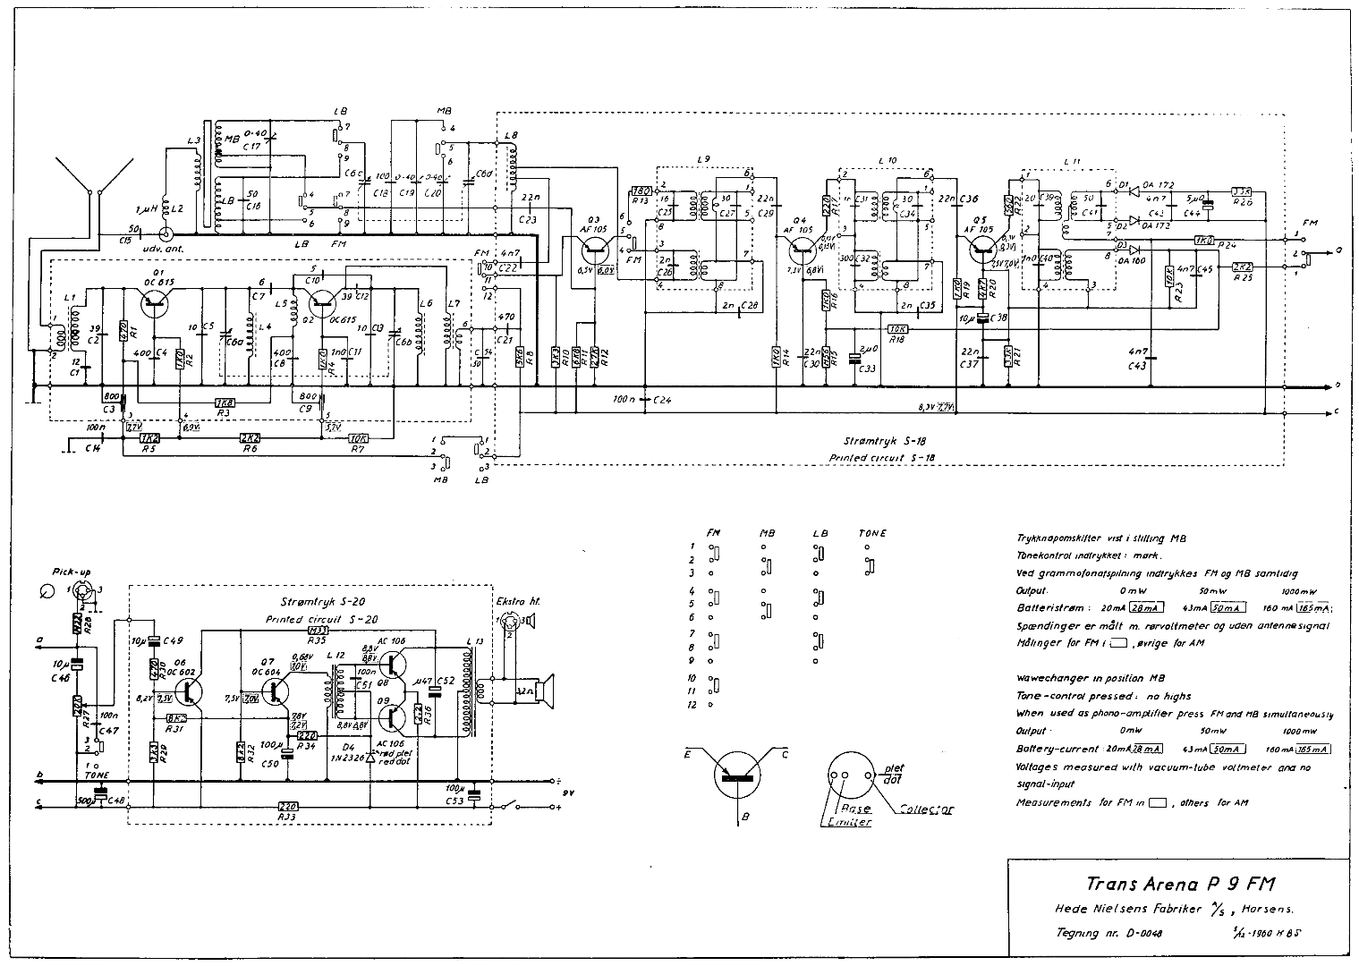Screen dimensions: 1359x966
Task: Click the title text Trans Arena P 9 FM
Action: (1180, 884)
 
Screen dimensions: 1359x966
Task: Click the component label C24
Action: (662, 399)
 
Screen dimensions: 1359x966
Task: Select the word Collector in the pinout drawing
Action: (927, 809)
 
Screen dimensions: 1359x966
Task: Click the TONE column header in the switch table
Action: (871, 533)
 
